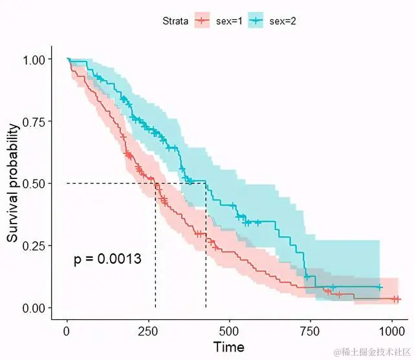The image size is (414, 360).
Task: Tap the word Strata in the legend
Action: click(x=175, y=21)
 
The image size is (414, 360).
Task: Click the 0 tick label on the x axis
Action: click(x=67, y=330)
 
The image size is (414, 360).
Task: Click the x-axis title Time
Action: click(x=229, y=347)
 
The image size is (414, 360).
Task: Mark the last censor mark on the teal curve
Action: click(x=380, y=287)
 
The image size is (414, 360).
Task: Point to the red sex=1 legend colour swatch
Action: click(x=202, y=21)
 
